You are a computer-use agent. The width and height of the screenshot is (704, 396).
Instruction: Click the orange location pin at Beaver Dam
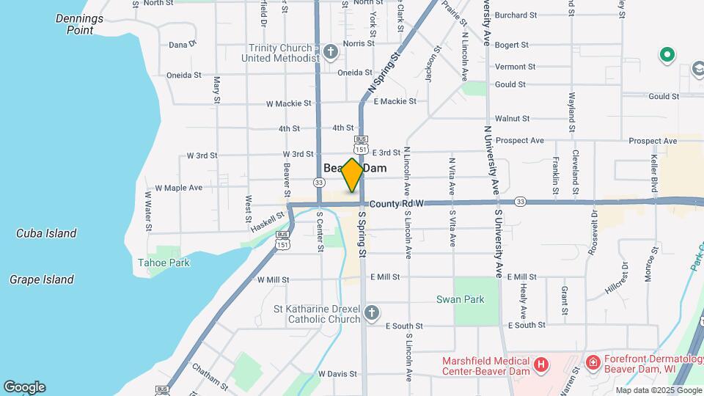point(352,175)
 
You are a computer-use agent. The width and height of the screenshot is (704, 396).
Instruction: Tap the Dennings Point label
point(80,24)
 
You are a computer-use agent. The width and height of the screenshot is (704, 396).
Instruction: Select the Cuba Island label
point(46,233)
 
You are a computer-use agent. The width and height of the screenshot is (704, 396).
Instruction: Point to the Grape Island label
point(42,279)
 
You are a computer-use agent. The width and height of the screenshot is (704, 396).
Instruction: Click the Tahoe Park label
point(164,263)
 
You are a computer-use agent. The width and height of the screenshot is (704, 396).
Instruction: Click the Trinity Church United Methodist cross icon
point(331,52)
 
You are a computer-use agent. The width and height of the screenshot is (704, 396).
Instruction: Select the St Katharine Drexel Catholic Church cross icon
point(372,314)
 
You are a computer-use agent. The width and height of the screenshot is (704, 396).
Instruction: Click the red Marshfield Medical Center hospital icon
point(541,363)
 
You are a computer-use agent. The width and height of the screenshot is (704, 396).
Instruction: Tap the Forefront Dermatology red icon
point(592,362)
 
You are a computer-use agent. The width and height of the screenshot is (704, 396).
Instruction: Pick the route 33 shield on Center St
point(318,182)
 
